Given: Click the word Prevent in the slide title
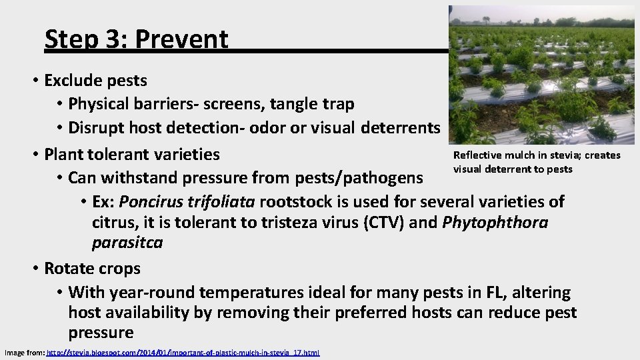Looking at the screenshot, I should [x=181, y=40].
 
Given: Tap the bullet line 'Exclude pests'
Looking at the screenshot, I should [x=95, y=81].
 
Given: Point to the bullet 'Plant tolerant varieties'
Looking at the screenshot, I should [x=131, y=154].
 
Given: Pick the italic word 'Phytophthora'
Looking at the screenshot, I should [x=495, y=222].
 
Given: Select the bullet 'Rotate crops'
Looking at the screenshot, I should [x=92, y=269].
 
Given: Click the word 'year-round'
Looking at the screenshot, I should [x=149, y=292].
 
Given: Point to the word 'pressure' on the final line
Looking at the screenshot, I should [x=101, y=333].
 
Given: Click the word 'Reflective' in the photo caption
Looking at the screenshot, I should [x=475, y=155].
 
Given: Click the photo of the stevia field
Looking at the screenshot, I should [x=541, y=75].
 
